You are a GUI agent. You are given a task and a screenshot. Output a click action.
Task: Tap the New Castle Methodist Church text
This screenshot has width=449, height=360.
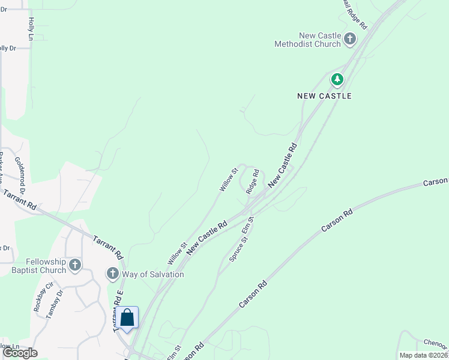coord(307,40)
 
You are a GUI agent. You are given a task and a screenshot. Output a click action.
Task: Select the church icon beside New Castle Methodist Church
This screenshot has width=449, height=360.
coord(349,40)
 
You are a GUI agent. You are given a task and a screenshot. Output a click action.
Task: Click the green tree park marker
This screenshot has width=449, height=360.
coord(337,79)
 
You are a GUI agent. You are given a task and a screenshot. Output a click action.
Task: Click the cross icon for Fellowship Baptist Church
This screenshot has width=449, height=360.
coord(75,265)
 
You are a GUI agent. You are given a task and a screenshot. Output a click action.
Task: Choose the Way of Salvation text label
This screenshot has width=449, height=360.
coord(153,274)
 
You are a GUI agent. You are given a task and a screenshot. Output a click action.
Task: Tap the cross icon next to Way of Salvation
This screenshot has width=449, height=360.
coord(112,274)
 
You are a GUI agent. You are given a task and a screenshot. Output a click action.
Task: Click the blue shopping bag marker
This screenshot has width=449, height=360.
coord(127,317)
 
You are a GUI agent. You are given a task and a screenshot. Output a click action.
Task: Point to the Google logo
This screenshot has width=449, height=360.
coord(20,353)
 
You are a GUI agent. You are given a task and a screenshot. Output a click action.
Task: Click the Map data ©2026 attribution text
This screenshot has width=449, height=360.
coord(424,355)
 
